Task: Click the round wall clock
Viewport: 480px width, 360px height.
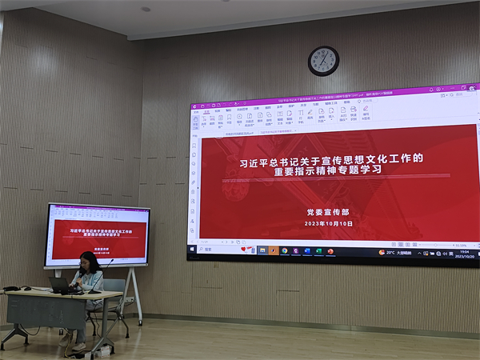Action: (x=323, y=61)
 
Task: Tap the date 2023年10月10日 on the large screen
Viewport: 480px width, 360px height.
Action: (x=329, y=223)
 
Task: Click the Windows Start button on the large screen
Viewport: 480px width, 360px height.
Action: (x=193, y=250)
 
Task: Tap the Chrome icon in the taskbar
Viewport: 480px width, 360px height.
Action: (x=284, y=250)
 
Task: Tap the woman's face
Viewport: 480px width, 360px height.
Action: (x=87, y=262)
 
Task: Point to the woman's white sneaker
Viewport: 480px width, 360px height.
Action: (x=78, y=346)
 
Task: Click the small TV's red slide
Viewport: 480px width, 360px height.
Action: (x=97, y=234)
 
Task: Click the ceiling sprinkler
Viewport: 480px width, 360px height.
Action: (x=146, y=10)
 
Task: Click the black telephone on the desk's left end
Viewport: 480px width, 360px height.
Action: (x=11, y=288)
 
